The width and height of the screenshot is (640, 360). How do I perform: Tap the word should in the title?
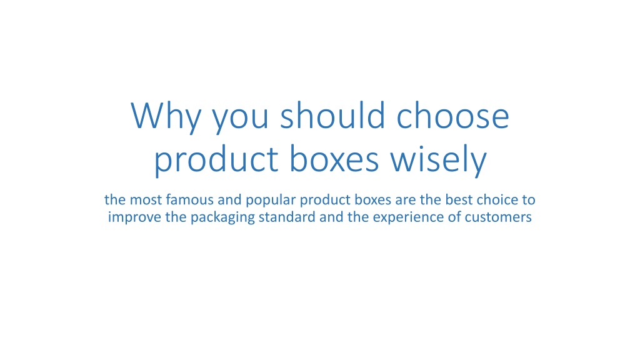tap(332, 115)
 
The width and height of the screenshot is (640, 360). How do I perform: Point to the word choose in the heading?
tap(452, 115)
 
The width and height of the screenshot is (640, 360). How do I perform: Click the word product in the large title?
tap(216, 161)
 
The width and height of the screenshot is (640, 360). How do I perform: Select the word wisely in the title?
tap(438, 161)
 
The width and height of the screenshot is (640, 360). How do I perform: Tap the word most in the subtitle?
tap(146, 199)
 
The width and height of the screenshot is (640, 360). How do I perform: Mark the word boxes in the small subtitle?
tap(373, 199)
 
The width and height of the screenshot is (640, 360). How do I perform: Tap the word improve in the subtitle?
tap(135, 218)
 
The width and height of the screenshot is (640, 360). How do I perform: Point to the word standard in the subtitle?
tap(287, 217)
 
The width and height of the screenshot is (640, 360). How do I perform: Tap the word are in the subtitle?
tap(406, 201)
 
